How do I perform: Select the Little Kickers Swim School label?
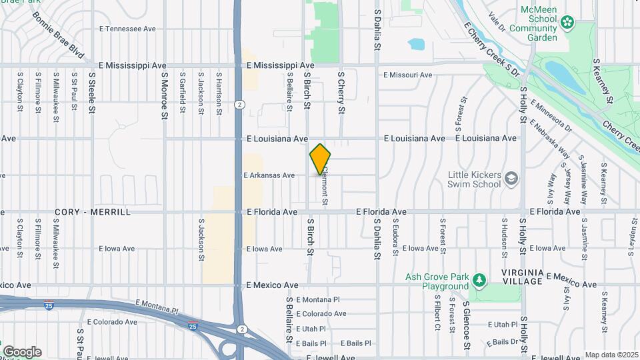point(474,179)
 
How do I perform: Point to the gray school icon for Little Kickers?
point(511,179)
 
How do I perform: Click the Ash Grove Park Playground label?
point(437,282)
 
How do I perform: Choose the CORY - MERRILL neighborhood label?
point(93,212)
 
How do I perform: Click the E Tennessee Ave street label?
point(127,29)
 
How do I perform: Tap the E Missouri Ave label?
point(408,75)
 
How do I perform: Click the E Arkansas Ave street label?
point(269,175)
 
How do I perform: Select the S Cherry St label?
point(341,92)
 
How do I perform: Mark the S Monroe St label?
point(164,96)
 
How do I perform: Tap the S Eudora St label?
point(395,239)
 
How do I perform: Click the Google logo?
point(22,352)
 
